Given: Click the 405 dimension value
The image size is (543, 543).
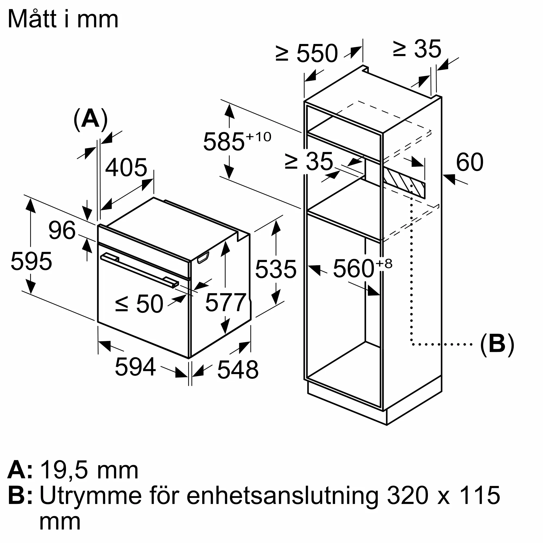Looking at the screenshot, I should coord(126,168).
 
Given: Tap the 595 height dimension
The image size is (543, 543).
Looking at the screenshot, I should coord(31,261).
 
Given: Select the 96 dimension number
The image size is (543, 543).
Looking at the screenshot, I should coord(62,231).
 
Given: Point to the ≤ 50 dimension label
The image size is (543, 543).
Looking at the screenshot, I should coord(139,304).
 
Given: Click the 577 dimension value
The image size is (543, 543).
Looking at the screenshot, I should coord(225,302).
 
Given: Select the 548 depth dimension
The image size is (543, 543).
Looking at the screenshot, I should coord(238,370).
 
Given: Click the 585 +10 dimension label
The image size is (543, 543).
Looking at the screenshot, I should coord(237,141).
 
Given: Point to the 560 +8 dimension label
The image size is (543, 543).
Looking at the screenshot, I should coord(362,269).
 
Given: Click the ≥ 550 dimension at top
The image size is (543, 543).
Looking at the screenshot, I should coord(306,53).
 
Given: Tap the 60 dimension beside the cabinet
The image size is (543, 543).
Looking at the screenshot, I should coord(470,162).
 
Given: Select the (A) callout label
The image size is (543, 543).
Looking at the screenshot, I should coord(90,119).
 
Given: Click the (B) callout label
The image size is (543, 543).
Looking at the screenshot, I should coord(497,344).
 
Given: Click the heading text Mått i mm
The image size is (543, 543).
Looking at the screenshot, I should coord(63,19).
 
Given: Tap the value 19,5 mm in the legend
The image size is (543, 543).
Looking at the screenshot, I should coord(89,470).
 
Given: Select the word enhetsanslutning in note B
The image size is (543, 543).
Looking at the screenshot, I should coord(282,496).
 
